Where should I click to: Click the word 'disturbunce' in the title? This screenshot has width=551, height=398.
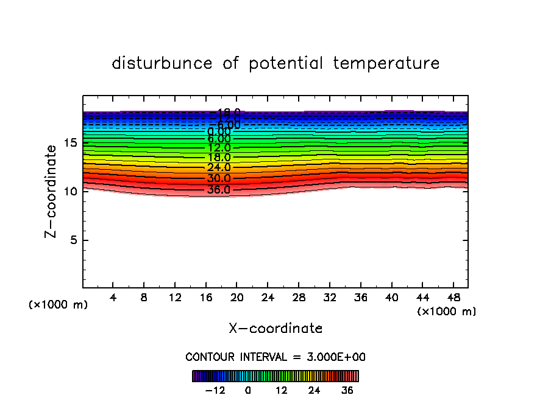point(163,63)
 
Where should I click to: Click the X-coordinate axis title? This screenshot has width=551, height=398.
point(275,329)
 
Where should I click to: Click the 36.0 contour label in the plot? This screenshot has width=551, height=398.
point(218,190)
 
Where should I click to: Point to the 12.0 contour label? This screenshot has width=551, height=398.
point(218,148)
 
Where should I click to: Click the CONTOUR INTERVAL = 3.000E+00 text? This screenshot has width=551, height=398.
point(275,357)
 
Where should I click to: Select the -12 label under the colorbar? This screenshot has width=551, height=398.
point(215,390)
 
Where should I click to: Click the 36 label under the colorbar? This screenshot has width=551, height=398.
point(347,390)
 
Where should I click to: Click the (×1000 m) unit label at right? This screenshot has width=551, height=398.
point(447,312)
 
